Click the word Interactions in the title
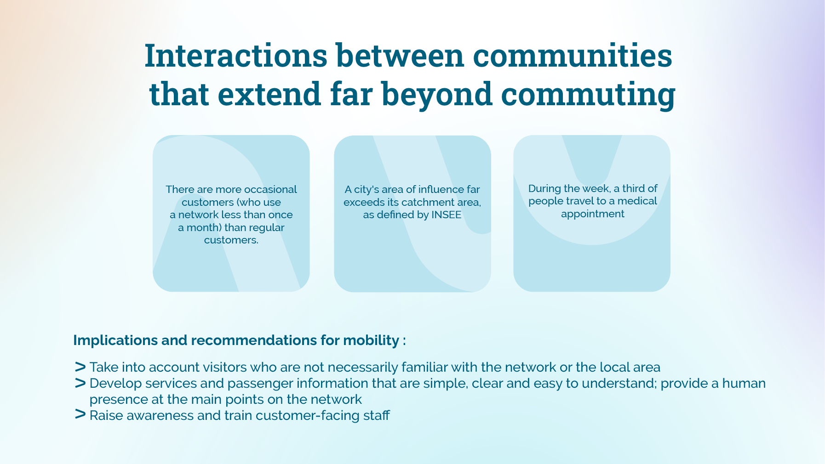pos(236,56)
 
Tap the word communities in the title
pos(573,56)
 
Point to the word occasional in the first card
pos(270,189)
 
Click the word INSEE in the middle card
pos(446,215)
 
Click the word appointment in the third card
pos(593,214)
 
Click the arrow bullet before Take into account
pos(80,367)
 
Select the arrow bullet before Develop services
pos(80,383)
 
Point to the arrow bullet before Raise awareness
pos(80,414)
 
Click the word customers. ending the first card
pos(231,240)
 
